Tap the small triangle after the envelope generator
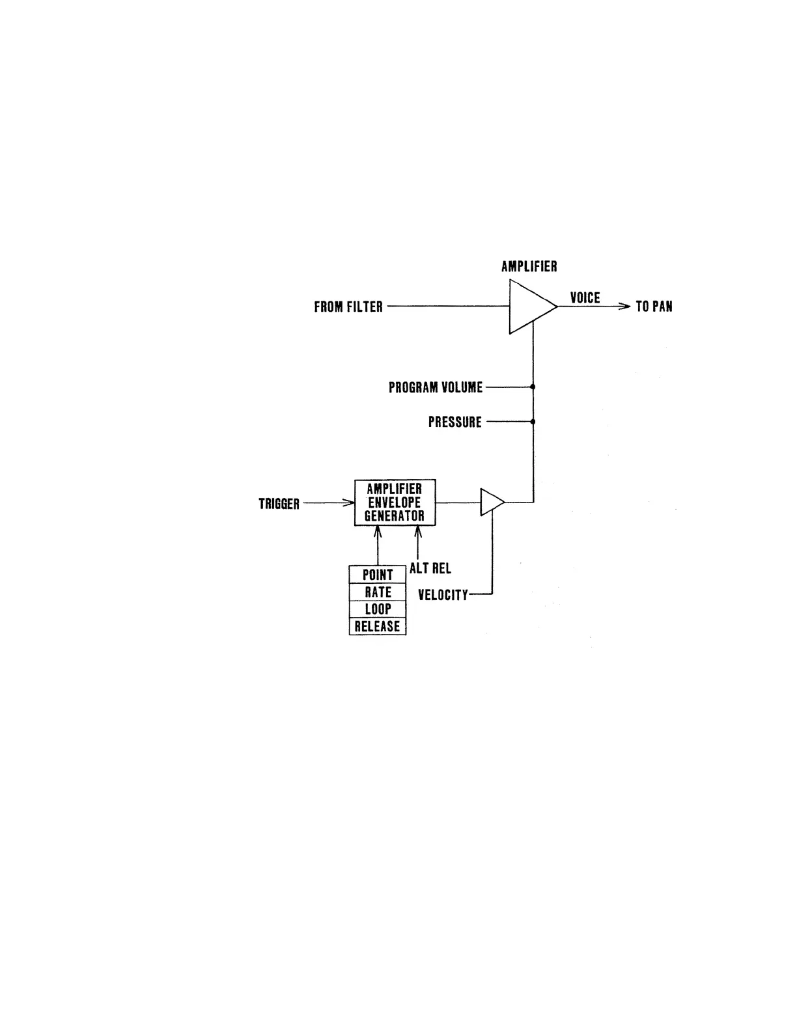pyautogui.click(x=490, y=502)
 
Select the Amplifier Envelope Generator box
pyautogui.click(x=395, y=502)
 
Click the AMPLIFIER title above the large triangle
pyautogui.click(x=529, y=266)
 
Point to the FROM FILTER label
pyautogui.click(x=348, y=307)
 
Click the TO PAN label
pyautogui.click(x=654, y=307)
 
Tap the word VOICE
pyautogui.click(x=585, y=298)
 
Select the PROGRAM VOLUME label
pyautogui.click(x=436, y=388)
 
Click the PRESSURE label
pyautogui.click(x=454, y=422)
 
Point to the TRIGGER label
pyautogui.click(x=279, y=504)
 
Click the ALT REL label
pyautogui.click(x=430, y=569)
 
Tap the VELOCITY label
pyautogui.click(x=443, y=595)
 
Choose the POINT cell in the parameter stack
pyautogui.click(x=378, y=575)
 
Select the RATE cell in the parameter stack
pyautogui.click(x=378, y=592)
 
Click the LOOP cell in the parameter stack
pyautogui.click(x=378, y=609)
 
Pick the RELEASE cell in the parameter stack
pyautogui.click(x=378, y=626)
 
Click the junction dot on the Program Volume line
pyautogui.click(x=533, y=387)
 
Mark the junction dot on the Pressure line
pyautogui.click(x=533, y=422)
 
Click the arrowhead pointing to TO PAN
pyautogui.click(x=625, y=307)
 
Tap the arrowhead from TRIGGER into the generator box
pyautogui.click(x=349, y=502)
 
